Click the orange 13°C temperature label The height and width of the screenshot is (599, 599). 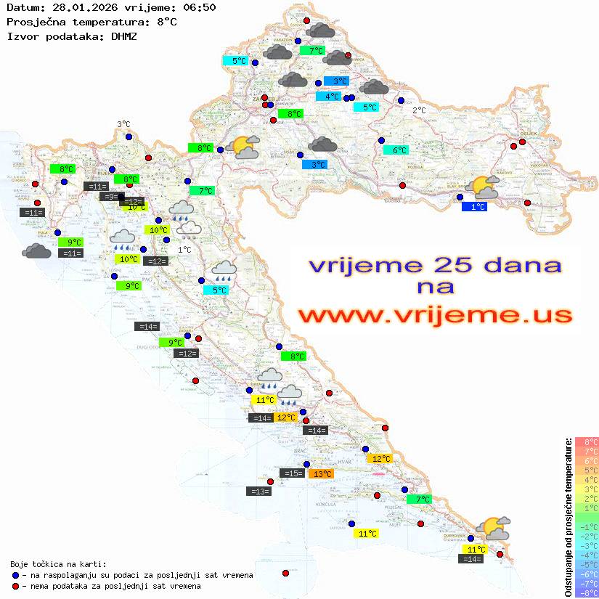321,474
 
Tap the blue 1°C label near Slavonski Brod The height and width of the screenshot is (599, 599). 474,207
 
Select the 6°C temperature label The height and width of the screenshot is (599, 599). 396,150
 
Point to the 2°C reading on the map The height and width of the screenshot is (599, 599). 419,110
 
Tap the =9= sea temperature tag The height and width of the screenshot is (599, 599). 109,197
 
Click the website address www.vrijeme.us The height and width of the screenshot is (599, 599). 435,315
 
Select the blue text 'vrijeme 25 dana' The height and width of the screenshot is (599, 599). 435,265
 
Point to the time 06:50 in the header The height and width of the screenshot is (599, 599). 199,7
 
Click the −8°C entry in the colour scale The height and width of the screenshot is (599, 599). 587,593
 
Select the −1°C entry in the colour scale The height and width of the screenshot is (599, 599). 587,527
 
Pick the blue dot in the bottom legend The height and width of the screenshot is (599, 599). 15,575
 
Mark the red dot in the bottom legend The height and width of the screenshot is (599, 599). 15,586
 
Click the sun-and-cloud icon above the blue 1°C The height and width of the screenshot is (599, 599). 484,188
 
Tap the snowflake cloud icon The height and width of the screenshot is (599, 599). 190,229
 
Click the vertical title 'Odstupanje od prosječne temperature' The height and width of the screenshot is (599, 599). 568,517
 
